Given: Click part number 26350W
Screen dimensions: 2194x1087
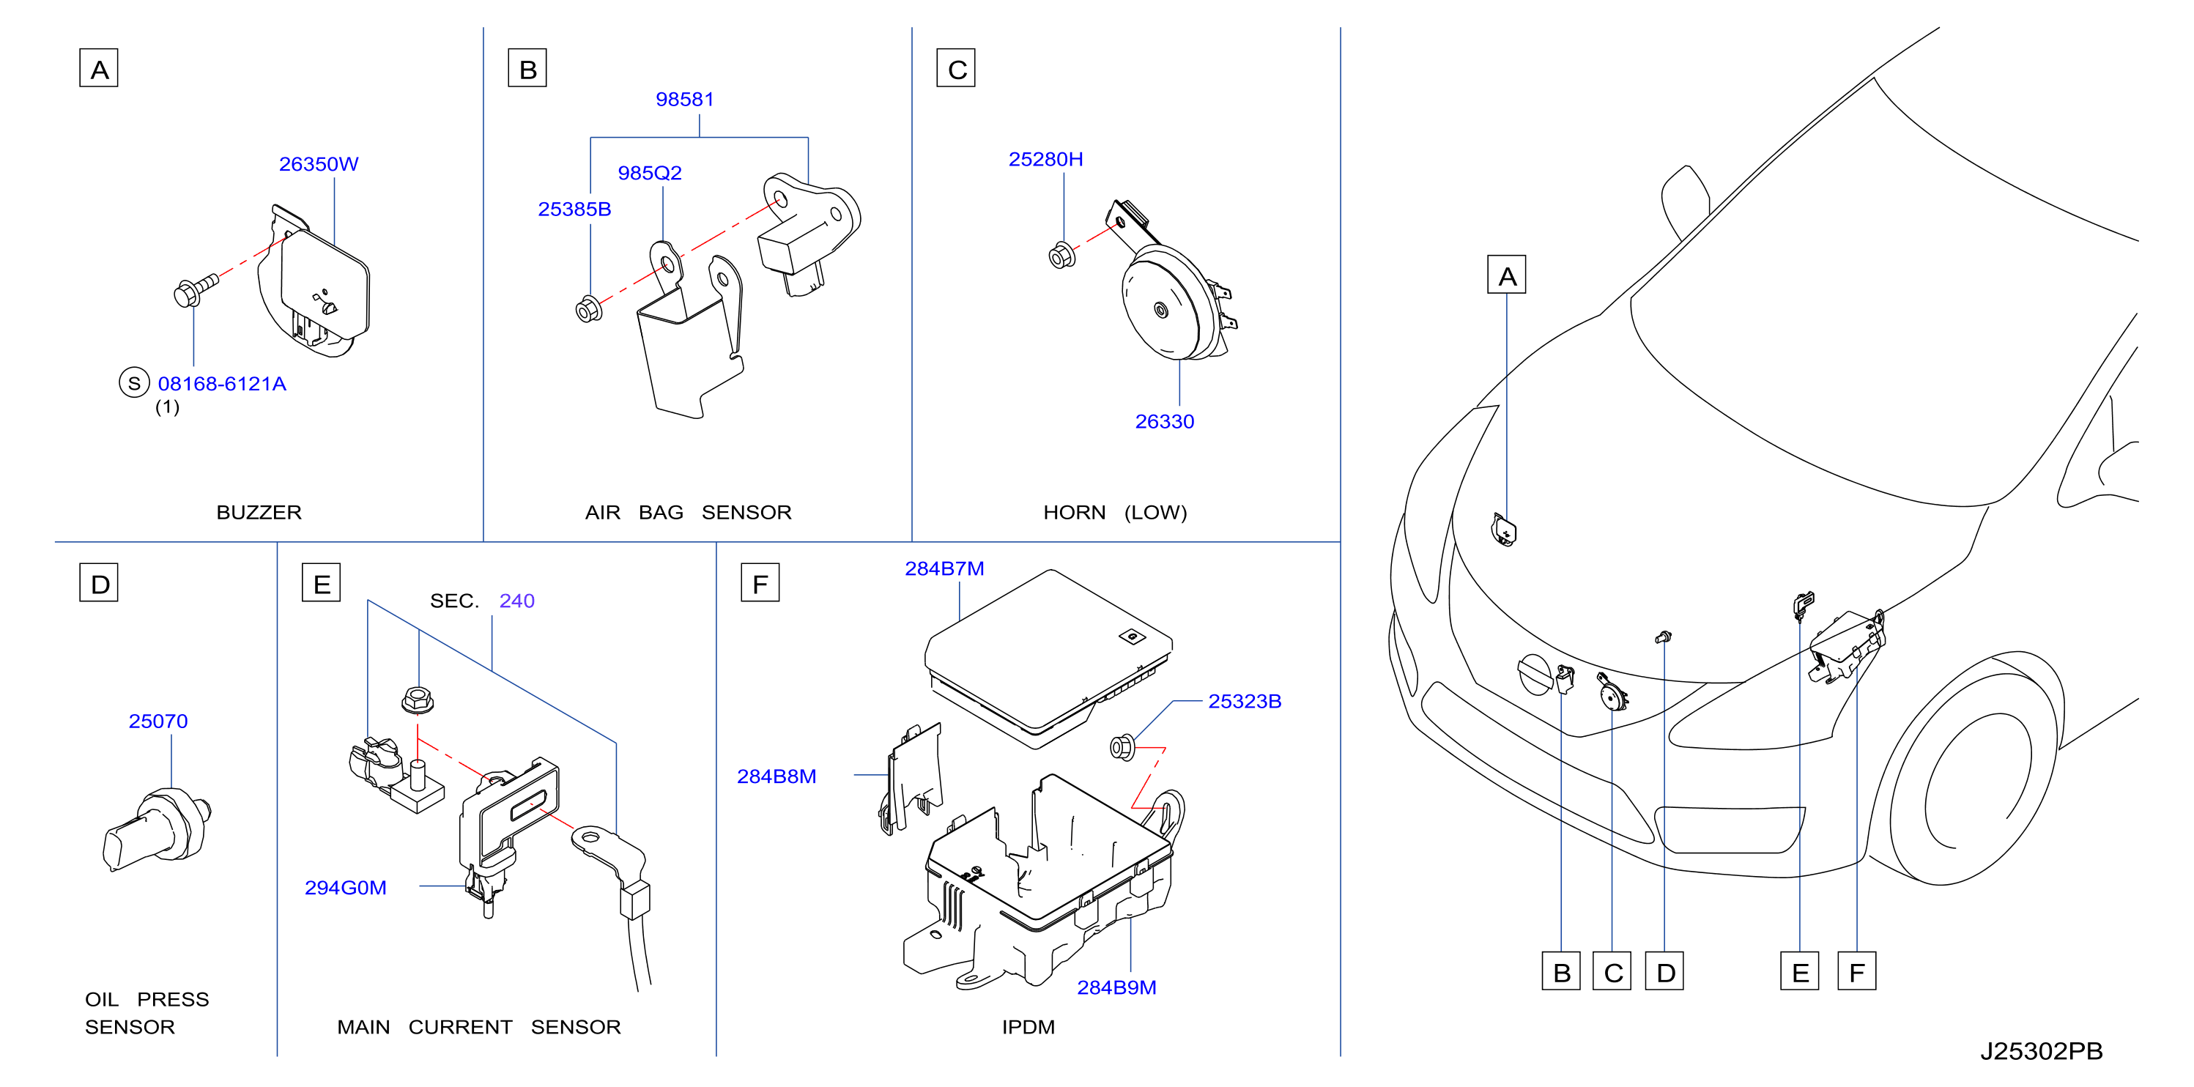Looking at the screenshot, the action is (x=319, y=163).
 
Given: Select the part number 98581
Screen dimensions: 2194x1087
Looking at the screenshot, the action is (x=684, y=99).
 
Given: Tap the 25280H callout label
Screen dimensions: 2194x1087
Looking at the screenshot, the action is (x=1045, y=159).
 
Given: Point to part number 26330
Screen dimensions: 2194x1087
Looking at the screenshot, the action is (x=1164, y=421).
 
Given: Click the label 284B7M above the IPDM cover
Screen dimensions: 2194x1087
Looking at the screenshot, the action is (x=944, y=568).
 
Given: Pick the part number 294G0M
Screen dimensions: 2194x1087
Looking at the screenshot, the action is (x=345, y=888).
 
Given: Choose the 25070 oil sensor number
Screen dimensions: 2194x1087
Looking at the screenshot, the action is (x=157, y=721).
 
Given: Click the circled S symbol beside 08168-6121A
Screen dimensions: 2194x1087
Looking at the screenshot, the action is (x=134, y=383).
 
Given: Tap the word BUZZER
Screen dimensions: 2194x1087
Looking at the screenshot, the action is (x=259, y=512).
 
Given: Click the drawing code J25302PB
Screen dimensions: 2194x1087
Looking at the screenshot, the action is (x=2041, y=1050).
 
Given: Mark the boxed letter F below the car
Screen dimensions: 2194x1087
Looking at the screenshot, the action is (x=1857, y=971).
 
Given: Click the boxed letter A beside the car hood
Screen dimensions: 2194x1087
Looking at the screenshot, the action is (x=1507, y=274).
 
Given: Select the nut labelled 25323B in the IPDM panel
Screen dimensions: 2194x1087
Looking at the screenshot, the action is (x=1122, y=748).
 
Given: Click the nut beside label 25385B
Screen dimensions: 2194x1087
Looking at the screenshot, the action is (x=588, y=309).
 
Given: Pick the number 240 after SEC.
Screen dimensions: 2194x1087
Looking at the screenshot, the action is (x=517, y=601).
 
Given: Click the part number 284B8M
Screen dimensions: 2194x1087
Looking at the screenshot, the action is (x=776, y=776).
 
